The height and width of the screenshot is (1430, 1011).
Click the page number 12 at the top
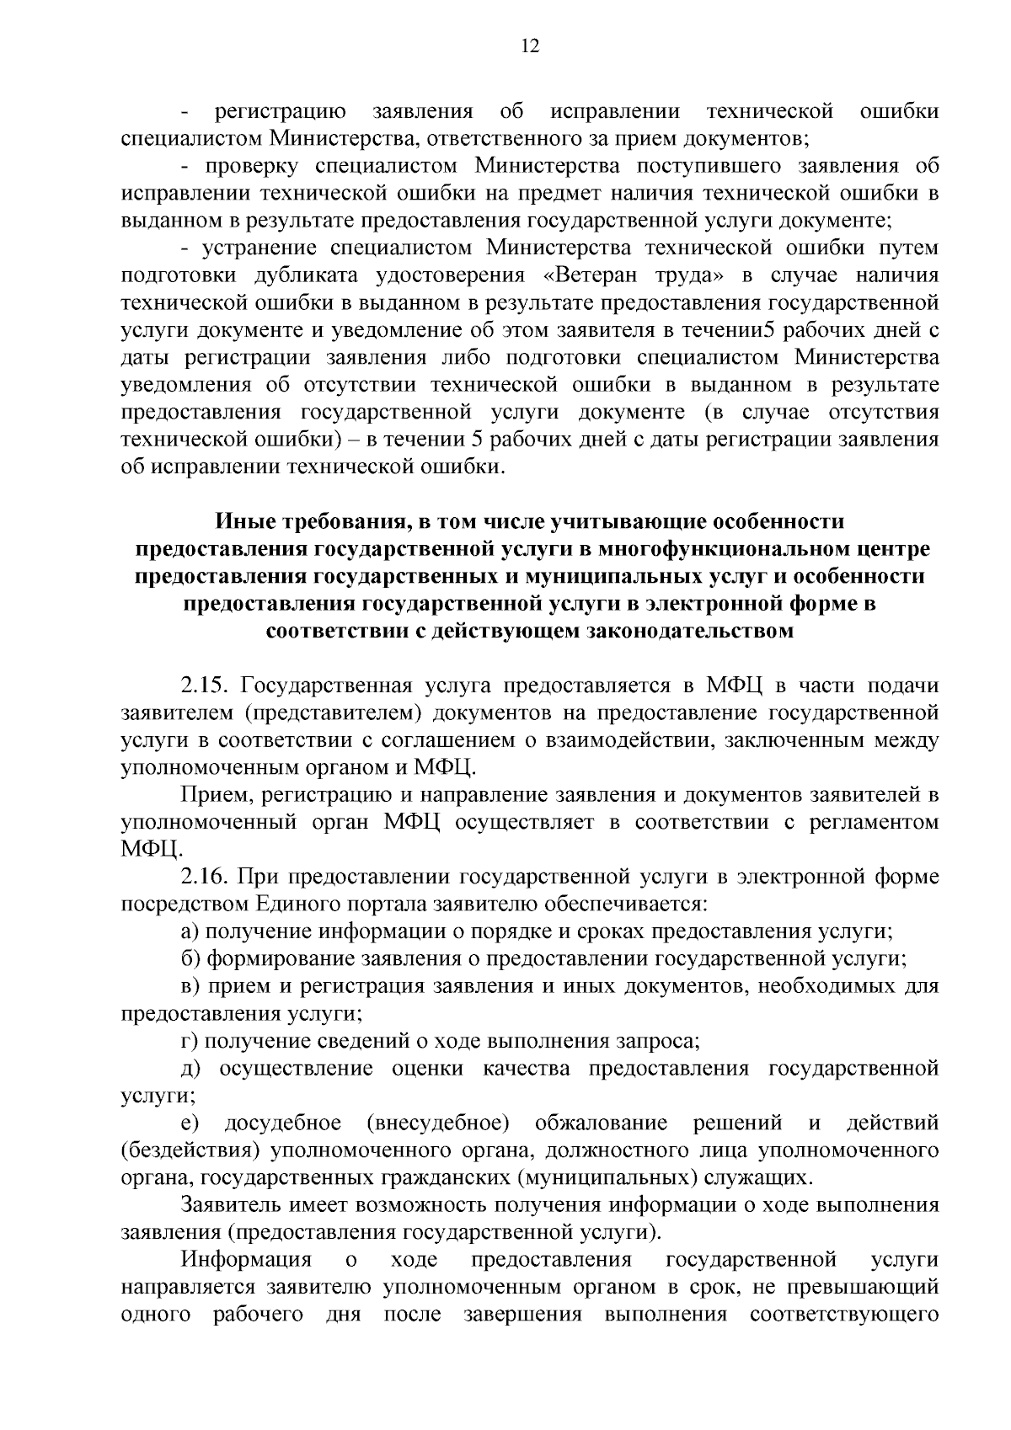click(x=530, y=46)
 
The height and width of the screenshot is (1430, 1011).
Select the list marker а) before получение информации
click(x=190, y=932)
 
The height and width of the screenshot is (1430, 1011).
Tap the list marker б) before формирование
click(x=190, y=959)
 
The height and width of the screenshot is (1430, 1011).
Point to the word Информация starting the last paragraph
click(x=245, y=1260)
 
